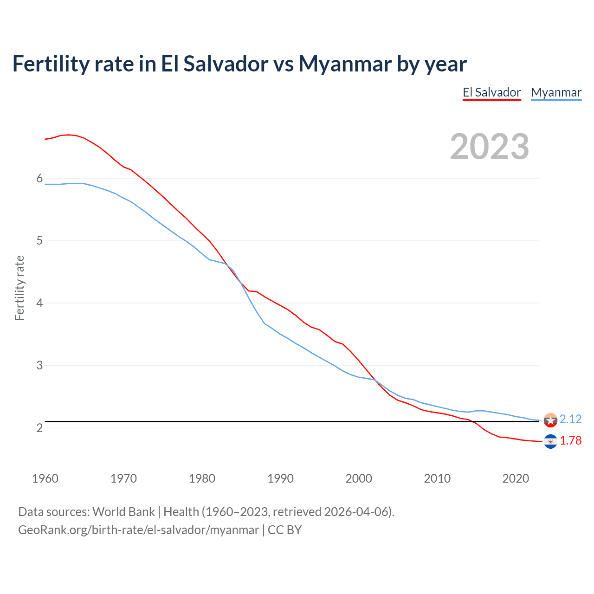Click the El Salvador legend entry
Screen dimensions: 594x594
point(491,92)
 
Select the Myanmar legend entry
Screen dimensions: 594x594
point(556,92)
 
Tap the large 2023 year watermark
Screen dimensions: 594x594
point(490,147)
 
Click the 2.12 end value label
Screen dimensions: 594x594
point(570,419)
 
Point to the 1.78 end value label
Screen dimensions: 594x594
point(570,440)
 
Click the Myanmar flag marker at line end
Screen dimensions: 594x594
point(550,420)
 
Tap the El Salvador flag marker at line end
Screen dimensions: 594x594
point(550,441)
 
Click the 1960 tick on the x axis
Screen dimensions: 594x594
point(45,478)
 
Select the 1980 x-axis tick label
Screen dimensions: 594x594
point(202,478)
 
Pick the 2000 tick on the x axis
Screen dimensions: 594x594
point(359,478)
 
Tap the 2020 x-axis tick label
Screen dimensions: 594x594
point(516,478)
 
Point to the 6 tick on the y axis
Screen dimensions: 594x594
point(39,179)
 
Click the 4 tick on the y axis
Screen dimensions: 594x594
point(39,303)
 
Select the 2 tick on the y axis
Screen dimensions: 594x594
point(39,428)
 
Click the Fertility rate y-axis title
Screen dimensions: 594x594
point(19,288)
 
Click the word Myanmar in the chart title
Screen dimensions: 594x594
point(344,64)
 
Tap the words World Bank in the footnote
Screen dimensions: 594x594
point(123,512)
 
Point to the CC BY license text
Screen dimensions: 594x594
point(284,530)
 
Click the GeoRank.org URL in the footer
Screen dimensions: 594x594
point(138,530)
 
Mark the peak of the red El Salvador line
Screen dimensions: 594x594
point(68,135)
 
